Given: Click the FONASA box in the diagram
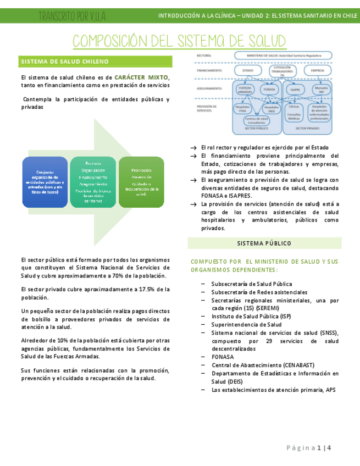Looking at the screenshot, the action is [x=269, y=88].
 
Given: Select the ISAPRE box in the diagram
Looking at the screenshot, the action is [x=295, y=88].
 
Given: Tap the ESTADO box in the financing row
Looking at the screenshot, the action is [x=248, y=71].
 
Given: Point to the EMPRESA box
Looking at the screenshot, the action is [x=317, y=71].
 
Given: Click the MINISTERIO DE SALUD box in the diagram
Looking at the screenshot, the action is [x=283, y=56].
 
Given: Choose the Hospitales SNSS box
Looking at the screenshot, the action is [x=272, y=109].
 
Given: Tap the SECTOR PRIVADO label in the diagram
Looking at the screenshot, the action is [x=307, y=128].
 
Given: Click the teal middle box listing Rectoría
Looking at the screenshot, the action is [x=93, y=182].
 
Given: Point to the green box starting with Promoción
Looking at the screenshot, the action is [x=141, y=182].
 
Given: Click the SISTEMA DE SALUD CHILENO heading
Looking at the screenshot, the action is [x=65, y=62].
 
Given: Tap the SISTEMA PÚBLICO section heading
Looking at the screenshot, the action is [x=264, y=243].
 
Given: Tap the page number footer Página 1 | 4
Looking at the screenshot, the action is [x=309, y=448].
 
